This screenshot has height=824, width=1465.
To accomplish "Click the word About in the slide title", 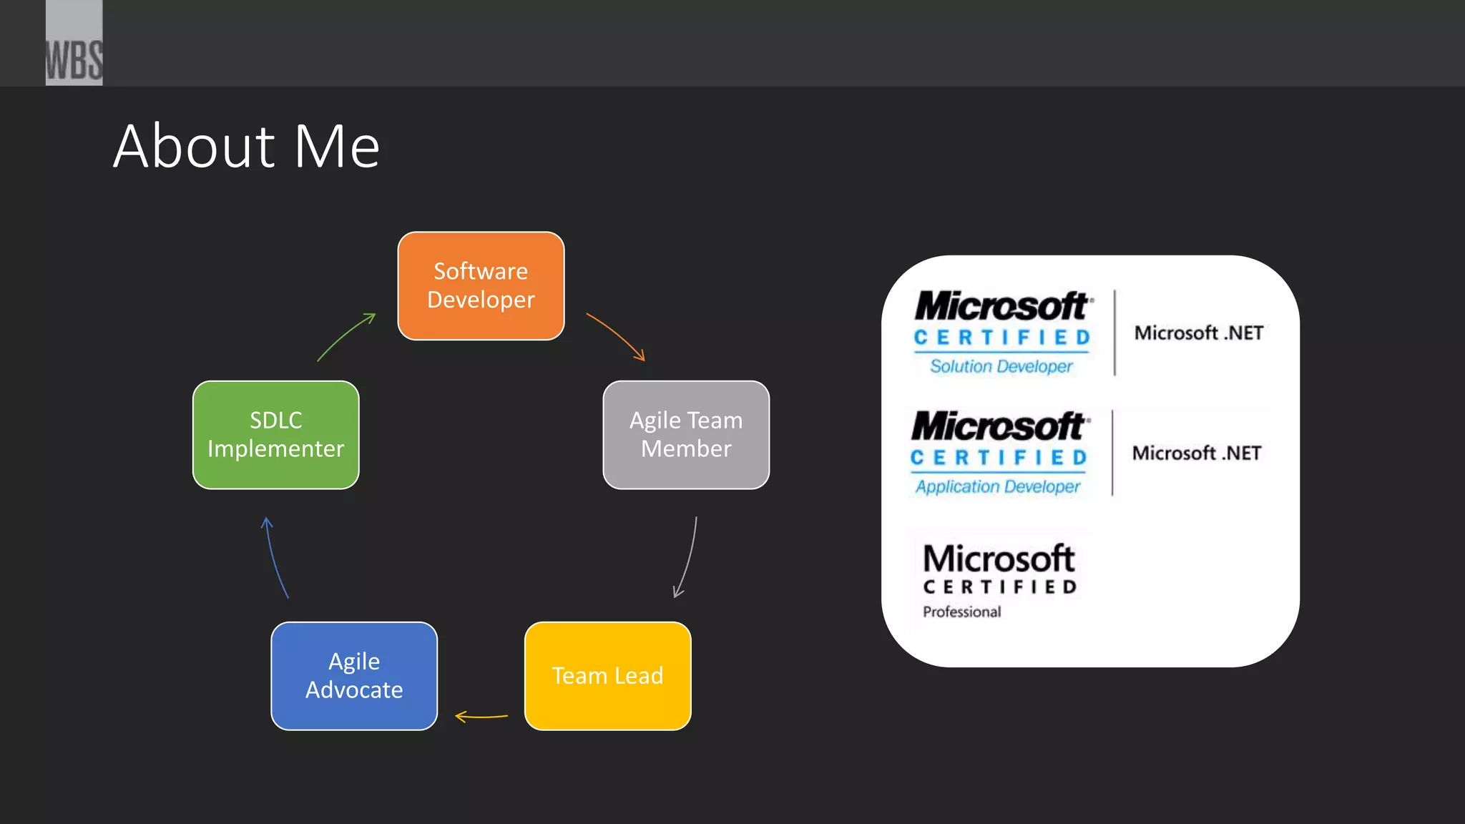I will [194, 147].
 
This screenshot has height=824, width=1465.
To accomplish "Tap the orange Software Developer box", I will [481, 285].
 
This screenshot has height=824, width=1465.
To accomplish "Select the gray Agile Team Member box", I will [685, 434].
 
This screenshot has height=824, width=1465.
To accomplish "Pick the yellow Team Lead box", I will [607, 675].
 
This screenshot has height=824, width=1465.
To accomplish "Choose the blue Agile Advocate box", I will [354, 675].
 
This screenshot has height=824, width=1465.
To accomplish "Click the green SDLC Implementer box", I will [275, 434].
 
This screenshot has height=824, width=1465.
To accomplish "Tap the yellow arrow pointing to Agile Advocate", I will [481, 716].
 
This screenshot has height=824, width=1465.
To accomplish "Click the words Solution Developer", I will [1001, 366].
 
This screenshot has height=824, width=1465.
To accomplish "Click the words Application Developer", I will [998, 486].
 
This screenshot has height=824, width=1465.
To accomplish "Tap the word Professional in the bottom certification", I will [961, 612].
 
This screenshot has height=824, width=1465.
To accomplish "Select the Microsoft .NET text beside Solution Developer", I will [1198, 333].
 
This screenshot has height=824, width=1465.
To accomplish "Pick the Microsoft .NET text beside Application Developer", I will [1196, 453].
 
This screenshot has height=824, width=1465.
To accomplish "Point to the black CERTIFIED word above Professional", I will [1000, 587].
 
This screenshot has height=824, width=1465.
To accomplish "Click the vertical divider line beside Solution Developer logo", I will [1114, 333].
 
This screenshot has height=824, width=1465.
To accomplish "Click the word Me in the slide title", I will [337, 147].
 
